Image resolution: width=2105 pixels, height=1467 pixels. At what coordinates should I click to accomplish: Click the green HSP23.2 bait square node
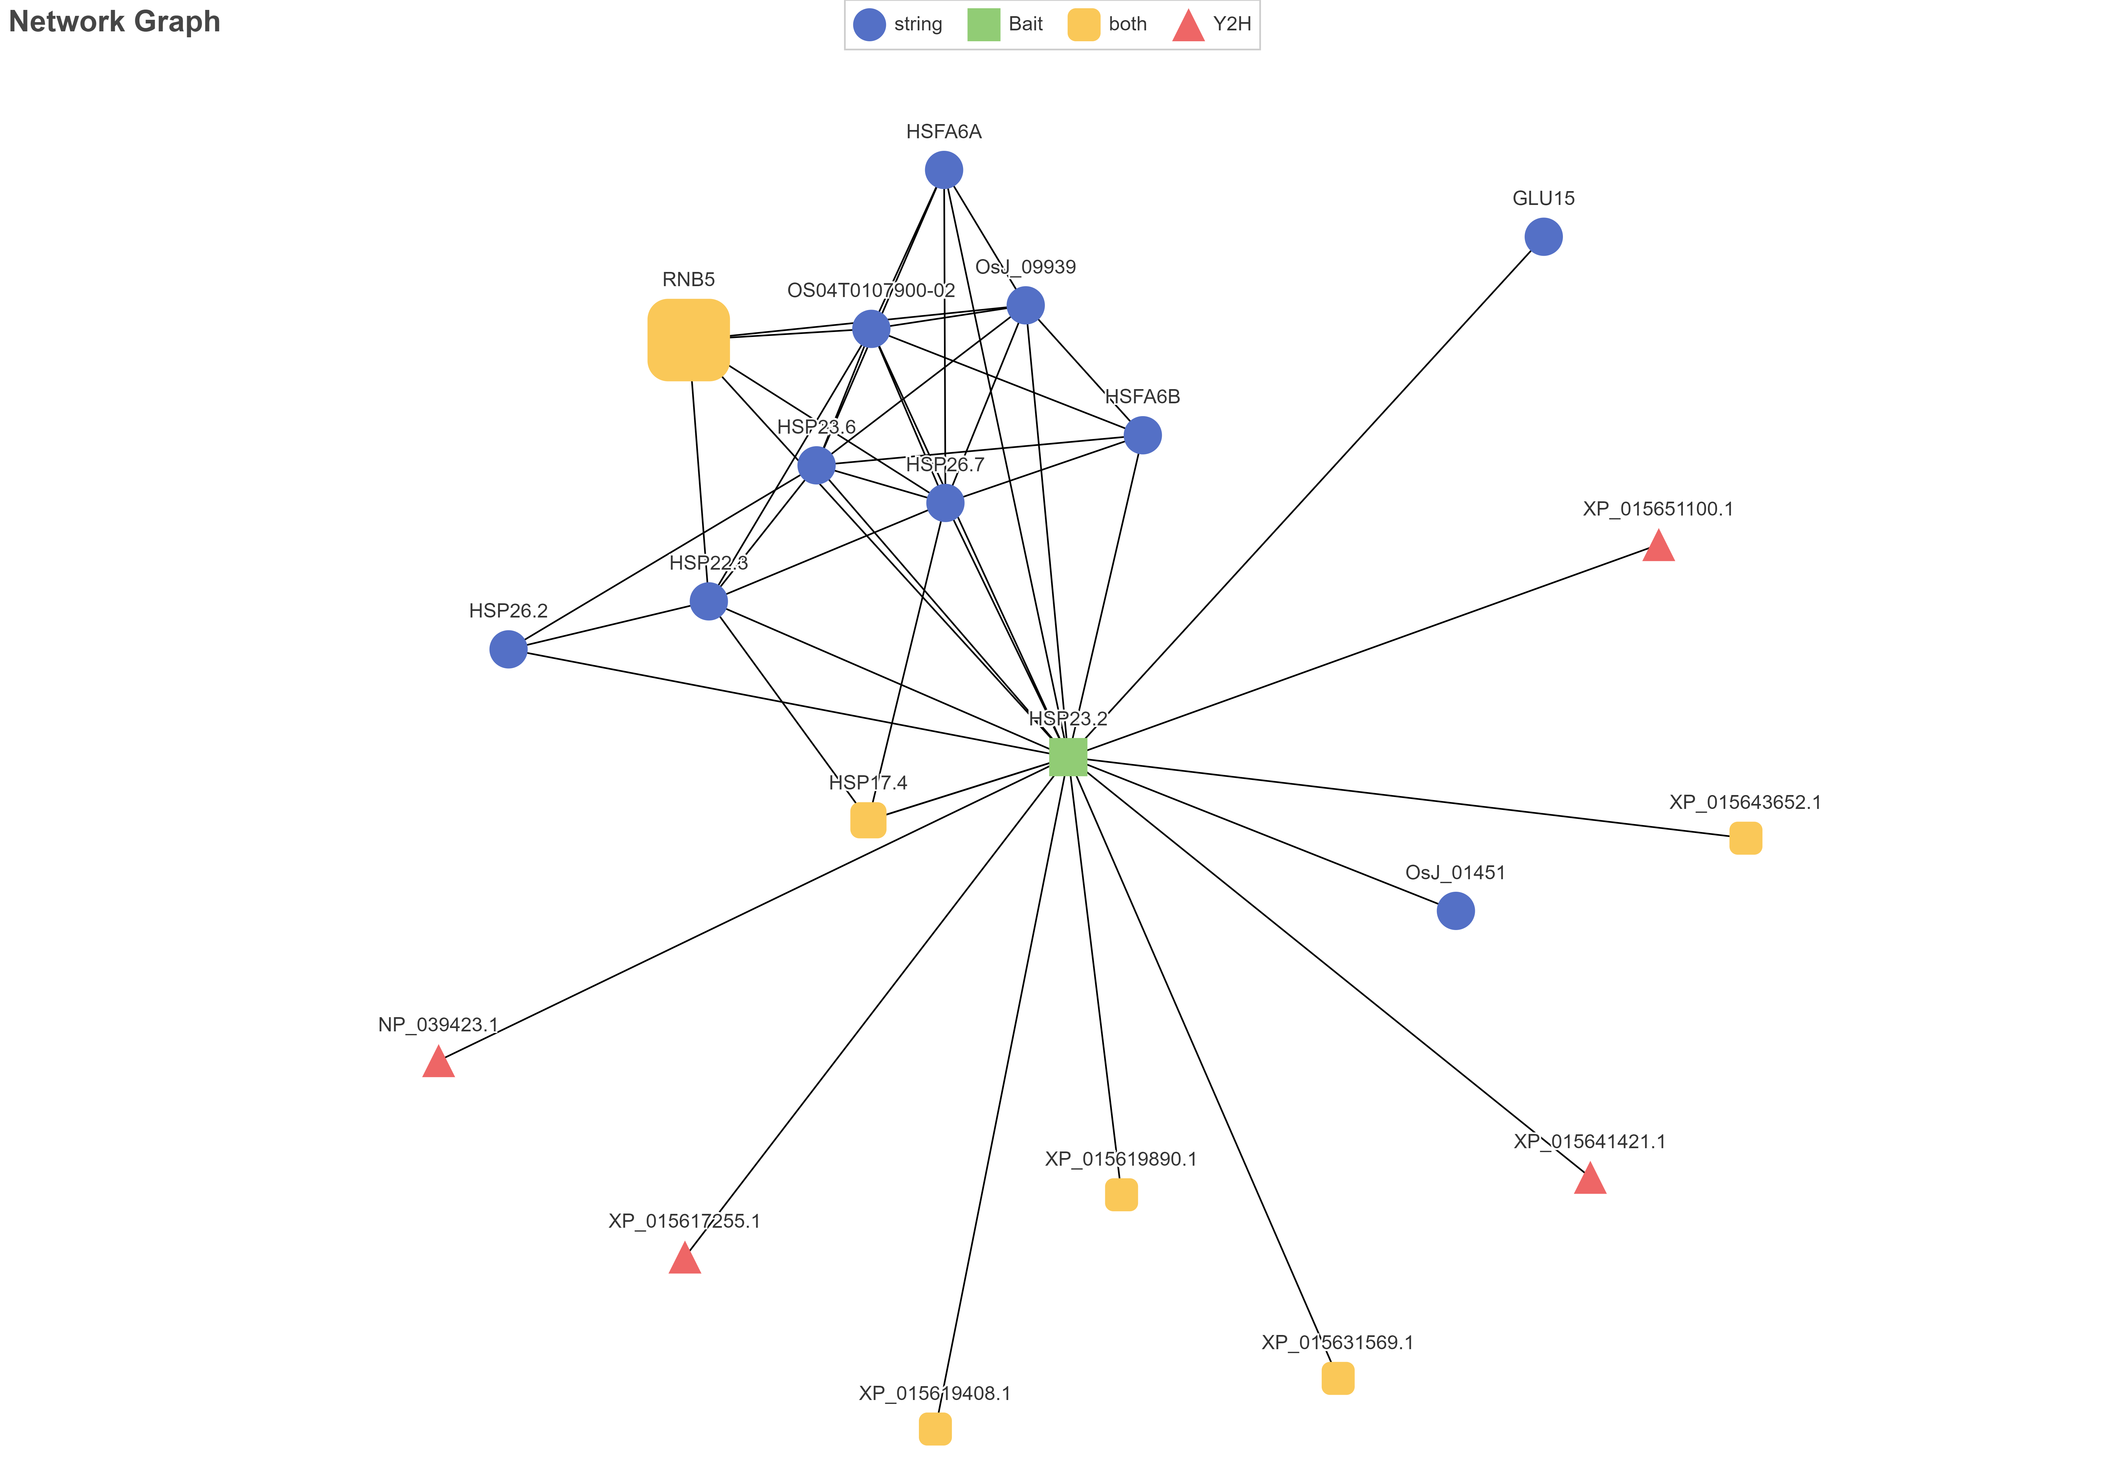[x=1068, y=756]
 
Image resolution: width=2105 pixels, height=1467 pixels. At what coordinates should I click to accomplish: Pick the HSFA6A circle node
[x=944, y=170]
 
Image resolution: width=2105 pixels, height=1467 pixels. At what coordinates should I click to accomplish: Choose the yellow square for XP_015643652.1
[x=1746, y=838]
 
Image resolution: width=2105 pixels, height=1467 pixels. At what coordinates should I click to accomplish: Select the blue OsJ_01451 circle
[x=1456, y=911]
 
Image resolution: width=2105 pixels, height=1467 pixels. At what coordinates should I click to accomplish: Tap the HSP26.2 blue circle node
[x=509, y=649]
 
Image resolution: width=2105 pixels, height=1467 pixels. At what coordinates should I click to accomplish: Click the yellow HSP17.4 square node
[x=868, y=820]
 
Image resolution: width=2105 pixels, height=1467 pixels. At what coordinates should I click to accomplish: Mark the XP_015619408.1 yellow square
[x=935, y=1428]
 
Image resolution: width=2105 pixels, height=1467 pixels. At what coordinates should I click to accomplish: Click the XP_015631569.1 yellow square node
[x=1338, y=1378]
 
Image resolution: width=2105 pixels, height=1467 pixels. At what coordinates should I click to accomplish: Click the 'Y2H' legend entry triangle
[x=1188, y=26]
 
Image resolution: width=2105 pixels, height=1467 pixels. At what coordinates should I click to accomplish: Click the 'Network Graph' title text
[x=114, y=21]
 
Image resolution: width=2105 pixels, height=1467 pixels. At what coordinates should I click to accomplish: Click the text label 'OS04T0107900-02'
[x=871, y=291]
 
